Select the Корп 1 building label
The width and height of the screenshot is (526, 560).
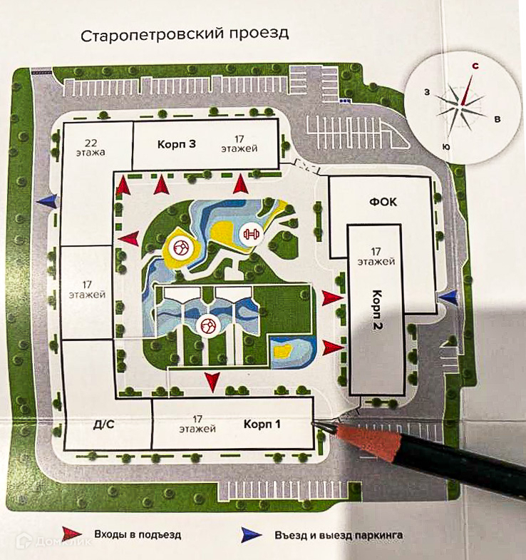pos(262,424)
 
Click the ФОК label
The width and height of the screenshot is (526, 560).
pos(383,202)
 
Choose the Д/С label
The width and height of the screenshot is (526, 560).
pos(104,424)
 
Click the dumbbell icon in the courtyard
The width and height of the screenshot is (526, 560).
pos(249,232)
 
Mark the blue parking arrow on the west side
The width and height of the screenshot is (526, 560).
pos(47,201)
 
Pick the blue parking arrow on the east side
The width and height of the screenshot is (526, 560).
pos(448,295)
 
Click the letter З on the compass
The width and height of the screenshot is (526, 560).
pos(426,92)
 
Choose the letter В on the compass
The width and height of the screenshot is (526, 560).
pos(497,118)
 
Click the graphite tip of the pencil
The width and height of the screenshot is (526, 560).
pos(321,423)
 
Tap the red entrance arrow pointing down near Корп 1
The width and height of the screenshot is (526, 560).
pos(212,382)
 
